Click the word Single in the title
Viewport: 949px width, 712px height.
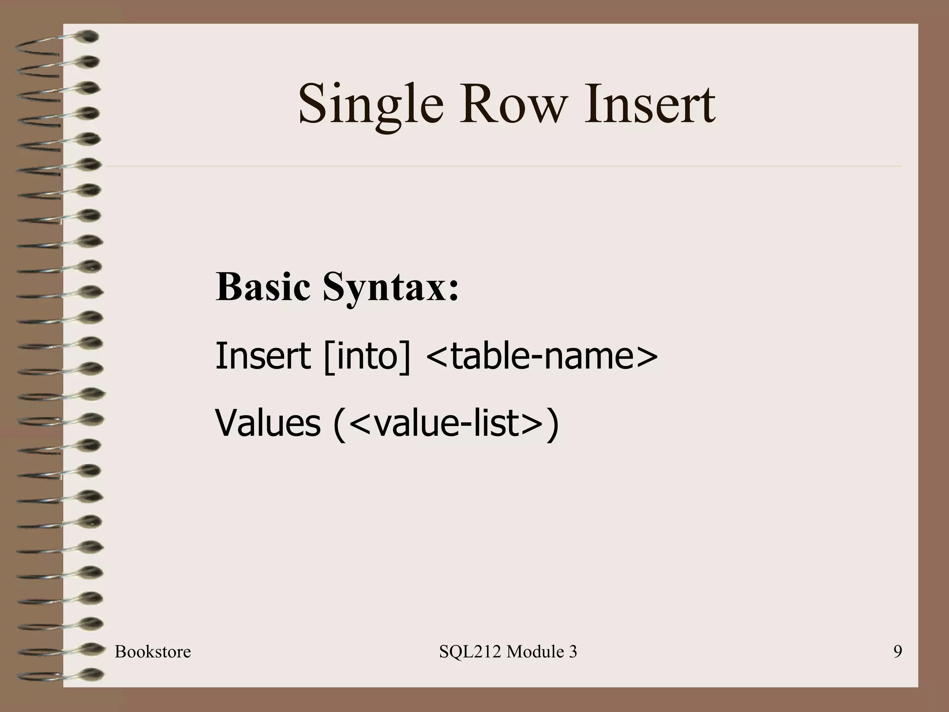click(371, 104)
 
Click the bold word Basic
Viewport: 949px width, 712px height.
click(263, 287)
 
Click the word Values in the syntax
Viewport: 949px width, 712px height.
click(268, 423)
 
